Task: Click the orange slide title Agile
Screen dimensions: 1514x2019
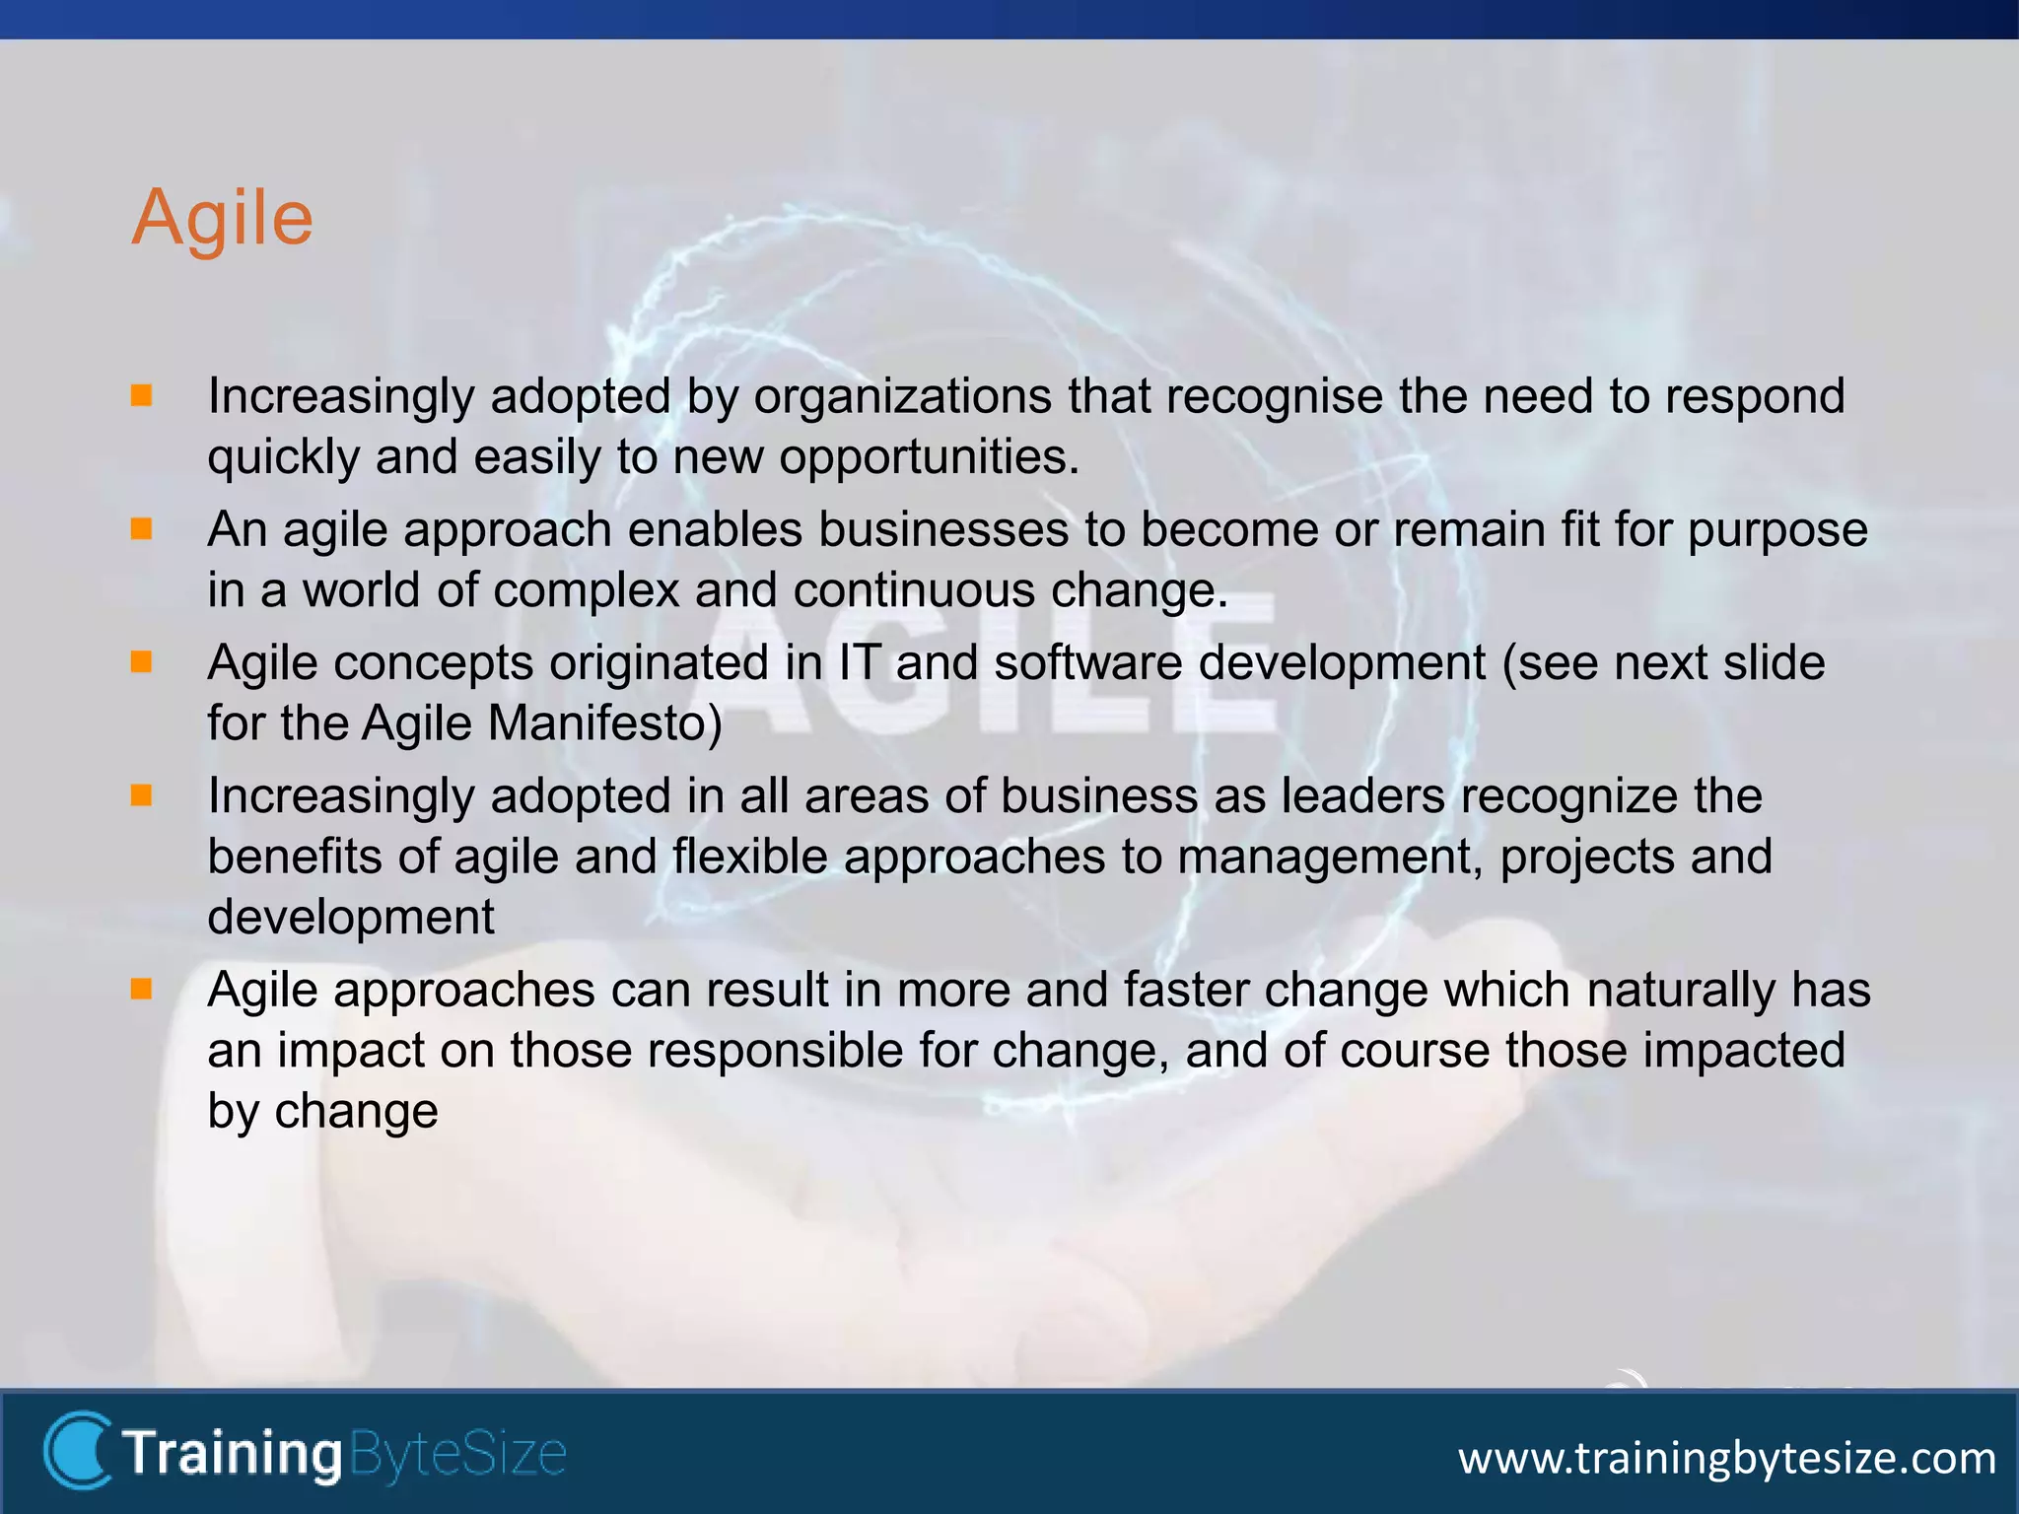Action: (223, 218)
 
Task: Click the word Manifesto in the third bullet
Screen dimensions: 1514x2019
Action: (604, 724)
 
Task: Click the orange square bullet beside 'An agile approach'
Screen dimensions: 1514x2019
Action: (142, 529)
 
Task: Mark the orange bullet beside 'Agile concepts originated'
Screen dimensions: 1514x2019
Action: (142, 662)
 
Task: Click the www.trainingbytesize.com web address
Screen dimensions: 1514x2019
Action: (1726, 1458)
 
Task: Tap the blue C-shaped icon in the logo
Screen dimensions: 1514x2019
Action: (77, 1449)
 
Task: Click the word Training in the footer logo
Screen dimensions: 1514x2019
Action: (232, 1454)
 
